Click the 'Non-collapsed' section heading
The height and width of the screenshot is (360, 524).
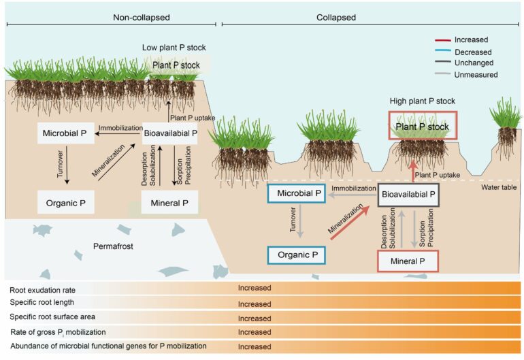point(140,17)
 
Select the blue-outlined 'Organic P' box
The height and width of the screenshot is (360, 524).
point(295,255)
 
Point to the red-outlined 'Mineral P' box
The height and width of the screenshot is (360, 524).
point(408,261)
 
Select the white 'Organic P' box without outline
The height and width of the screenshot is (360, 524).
point(66,201)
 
